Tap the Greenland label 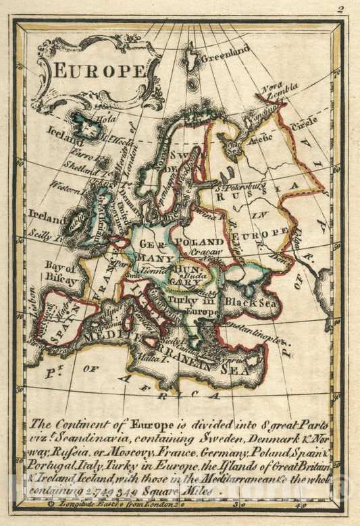pos(226,52)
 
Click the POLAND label pos(199,242)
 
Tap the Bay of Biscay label pos(61,271)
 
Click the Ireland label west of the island pos(47,218)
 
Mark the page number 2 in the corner pos(341,9)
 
